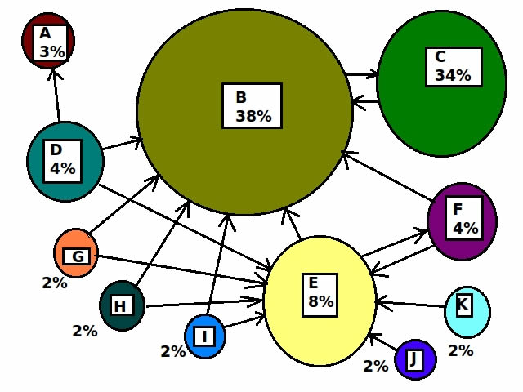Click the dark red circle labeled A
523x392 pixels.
point(48,41)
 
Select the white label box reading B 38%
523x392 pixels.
point(253,105)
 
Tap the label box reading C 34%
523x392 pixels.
point(454,67)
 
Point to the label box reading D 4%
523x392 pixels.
point(62,162)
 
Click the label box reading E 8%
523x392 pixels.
point(320,295)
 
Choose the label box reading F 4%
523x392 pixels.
point(464,218)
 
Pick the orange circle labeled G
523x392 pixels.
point(76,253)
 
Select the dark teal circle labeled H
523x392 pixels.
point(123,305)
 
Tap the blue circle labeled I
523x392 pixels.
point(205,336)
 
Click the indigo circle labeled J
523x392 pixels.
point(415,359)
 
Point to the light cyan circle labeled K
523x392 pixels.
point(467,312)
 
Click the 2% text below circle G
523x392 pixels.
point(55,283)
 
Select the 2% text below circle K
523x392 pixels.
point(461,350)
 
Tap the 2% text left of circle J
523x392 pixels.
point(376,366)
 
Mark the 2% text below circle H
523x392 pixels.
point(85,331)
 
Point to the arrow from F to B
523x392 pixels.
point(388,176)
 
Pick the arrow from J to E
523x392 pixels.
point(383,342)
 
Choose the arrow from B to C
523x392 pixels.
point(362,74)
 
